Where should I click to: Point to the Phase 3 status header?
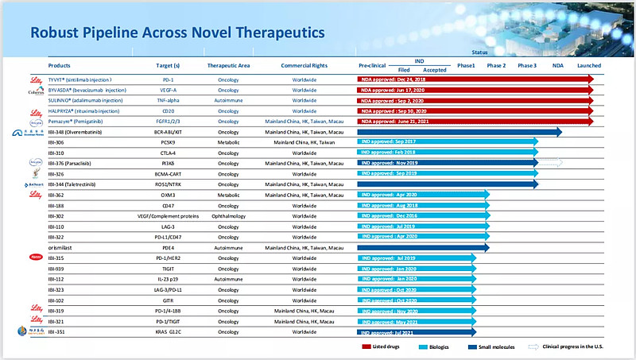point(526,65)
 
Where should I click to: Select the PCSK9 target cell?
point(173,142)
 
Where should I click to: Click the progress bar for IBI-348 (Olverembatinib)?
point(460,132)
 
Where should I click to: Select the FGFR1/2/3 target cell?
point(173,122)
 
